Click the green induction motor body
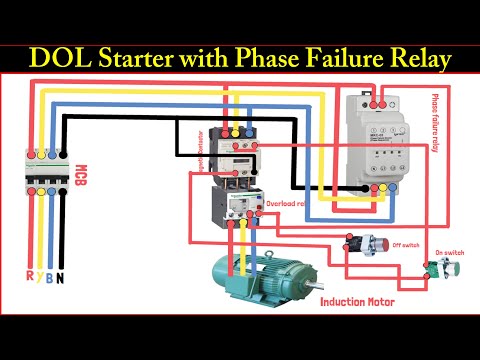click(262, 282)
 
